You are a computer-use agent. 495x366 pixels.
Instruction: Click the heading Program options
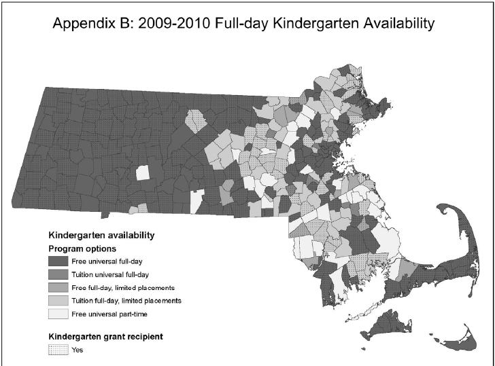click(x=82, y=249)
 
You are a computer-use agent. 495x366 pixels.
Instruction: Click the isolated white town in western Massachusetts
click(x=142, y=172)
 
